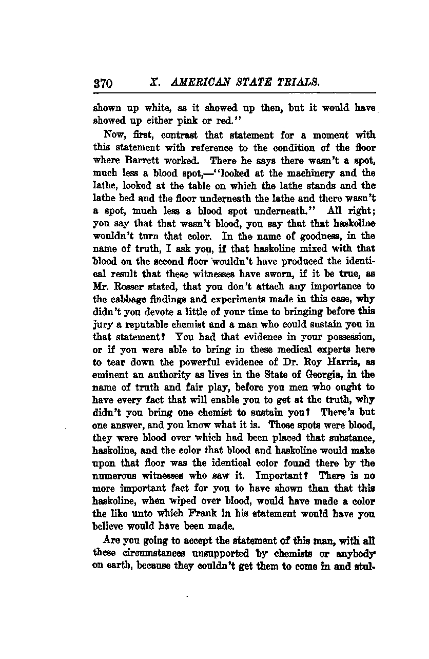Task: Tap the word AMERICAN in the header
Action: (195, 82)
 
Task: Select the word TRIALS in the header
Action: (300, 82)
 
